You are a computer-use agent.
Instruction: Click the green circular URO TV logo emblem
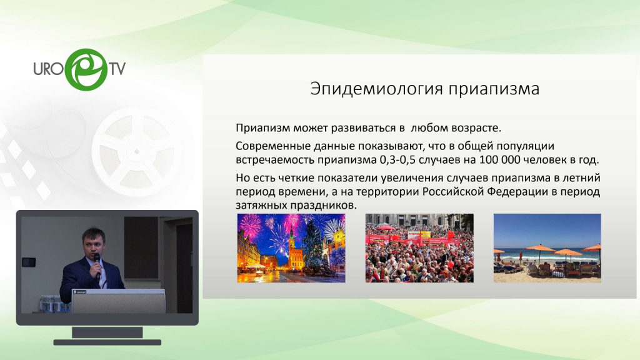86,69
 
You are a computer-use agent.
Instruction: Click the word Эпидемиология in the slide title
376,89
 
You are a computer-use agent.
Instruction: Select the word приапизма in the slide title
494,89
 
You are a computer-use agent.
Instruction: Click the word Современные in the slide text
268,146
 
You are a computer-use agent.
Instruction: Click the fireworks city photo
291,248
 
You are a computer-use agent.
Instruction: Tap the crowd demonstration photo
419,248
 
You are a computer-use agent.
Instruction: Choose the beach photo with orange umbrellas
547,248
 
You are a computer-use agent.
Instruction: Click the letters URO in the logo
48,69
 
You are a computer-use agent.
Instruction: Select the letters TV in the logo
117,69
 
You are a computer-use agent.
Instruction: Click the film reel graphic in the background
137,152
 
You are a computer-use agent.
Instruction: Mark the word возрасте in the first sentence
476,128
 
